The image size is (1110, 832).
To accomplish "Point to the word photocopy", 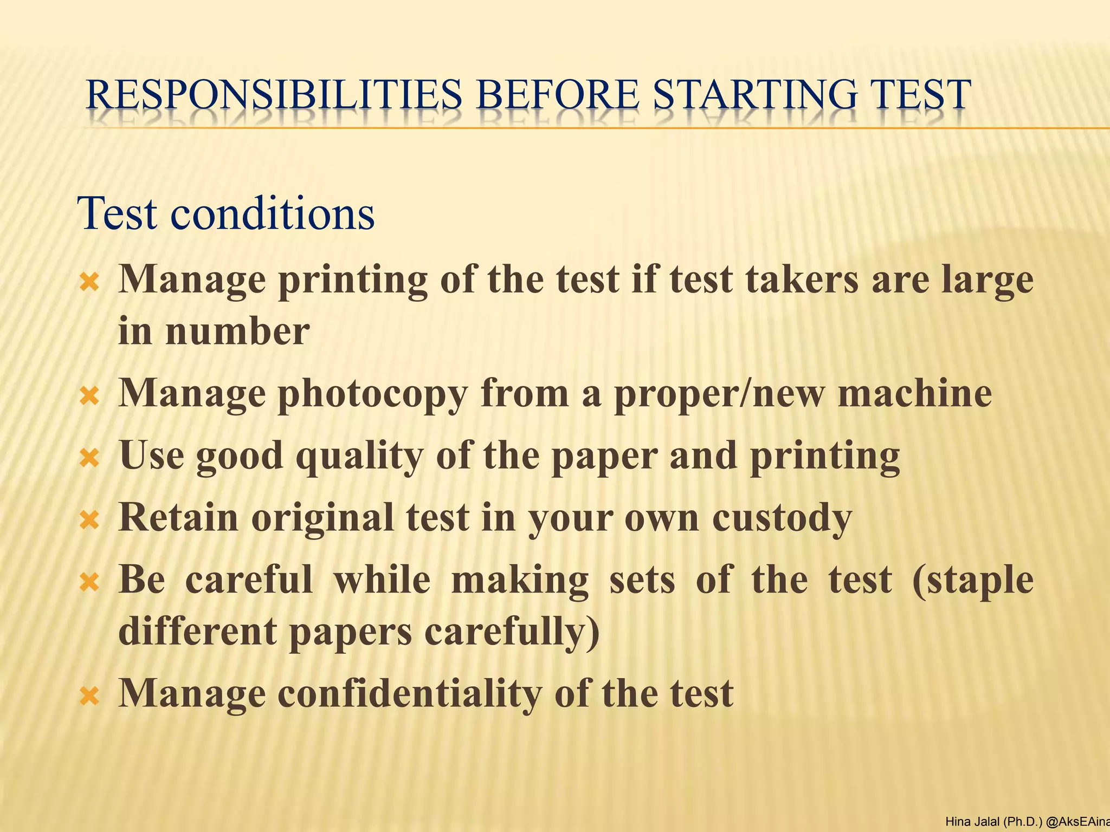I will (372, 394).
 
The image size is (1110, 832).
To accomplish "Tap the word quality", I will (358, 457).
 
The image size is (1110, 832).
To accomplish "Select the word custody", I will (782, 518).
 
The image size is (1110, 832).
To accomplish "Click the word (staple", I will (973, 580).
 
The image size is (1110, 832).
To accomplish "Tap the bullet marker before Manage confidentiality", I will (89, 696).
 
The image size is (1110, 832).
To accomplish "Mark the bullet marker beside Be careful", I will (89, 583).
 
